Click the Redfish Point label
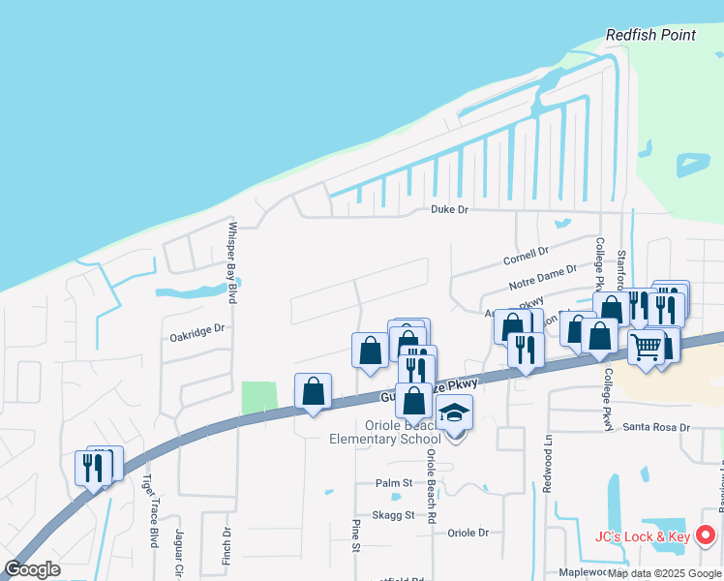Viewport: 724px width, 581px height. click(650, 35)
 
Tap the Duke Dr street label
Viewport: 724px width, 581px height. click(449, 209)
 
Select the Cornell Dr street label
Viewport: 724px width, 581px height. click(526, 257)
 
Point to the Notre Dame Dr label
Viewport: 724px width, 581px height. click(542, 280)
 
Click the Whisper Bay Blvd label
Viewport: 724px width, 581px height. click(232, 263)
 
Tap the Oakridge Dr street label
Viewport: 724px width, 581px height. click(196, 328)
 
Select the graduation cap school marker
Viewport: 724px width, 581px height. click(454, 413)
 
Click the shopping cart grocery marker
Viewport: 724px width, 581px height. click(647, 346)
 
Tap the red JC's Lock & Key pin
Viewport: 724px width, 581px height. click(706, 534)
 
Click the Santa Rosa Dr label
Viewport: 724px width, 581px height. click(655, 427)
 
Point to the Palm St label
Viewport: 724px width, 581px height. click(394, 482)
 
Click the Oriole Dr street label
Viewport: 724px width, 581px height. click(468, 533)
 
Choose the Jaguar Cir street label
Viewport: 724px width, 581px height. click(179, 552)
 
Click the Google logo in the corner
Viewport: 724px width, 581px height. click(33, 569)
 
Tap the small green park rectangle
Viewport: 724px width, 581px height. click(258, 397)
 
